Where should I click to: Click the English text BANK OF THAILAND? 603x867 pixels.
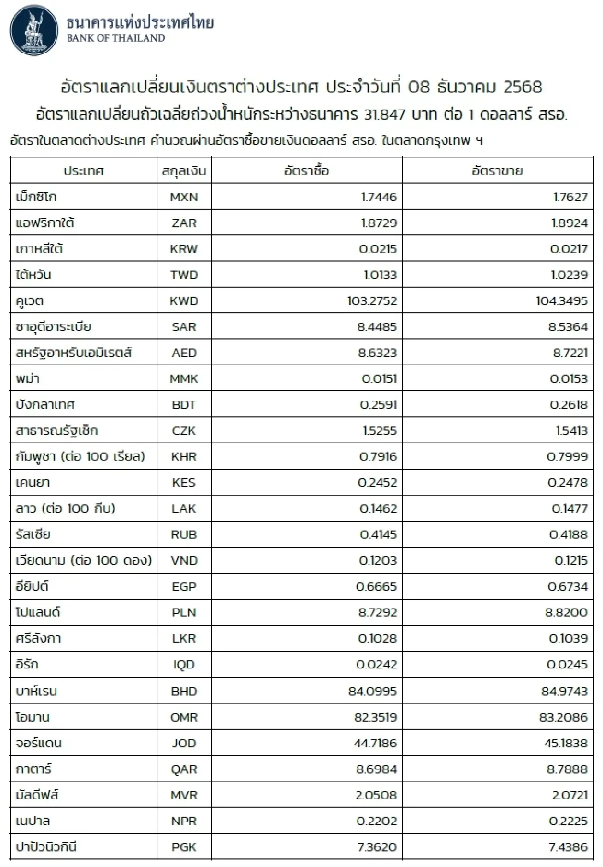116,38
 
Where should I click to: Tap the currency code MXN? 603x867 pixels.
184,197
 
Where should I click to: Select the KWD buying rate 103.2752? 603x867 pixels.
372,301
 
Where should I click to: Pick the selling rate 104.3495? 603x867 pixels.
562,301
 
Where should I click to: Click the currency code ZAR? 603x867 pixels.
184,223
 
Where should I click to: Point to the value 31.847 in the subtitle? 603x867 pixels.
384,115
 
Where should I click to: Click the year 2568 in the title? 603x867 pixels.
523,87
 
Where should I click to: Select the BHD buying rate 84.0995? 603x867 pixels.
372,691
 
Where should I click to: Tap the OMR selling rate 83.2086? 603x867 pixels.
563,717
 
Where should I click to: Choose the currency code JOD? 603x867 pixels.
184,743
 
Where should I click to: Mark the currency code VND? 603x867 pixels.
184,561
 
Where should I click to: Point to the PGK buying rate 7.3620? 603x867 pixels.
377,847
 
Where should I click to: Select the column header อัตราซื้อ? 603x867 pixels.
307,171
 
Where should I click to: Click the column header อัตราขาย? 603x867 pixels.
497,171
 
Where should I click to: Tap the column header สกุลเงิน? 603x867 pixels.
184,171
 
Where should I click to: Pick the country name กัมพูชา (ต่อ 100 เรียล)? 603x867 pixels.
80,457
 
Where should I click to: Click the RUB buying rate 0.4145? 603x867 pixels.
378,535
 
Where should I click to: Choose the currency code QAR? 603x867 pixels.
184,769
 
